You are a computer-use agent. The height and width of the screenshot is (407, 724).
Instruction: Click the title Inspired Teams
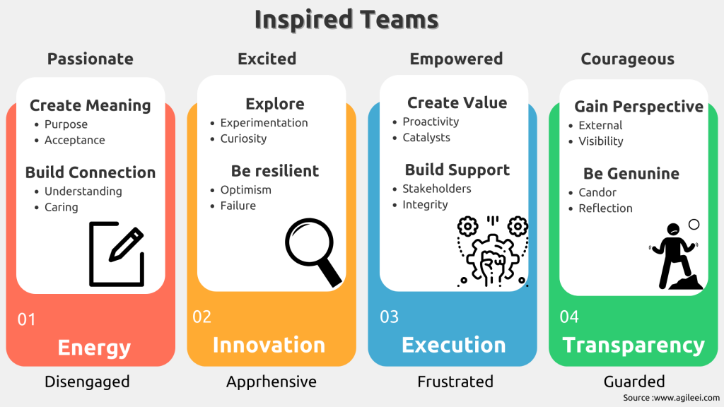[x=346, y=20]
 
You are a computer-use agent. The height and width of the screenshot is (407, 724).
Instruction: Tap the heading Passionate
[x=90, y=59]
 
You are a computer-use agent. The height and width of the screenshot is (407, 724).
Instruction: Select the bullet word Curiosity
[x=243, y=138]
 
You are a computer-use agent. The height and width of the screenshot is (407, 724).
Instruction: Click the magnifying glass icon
[x=313, y=252]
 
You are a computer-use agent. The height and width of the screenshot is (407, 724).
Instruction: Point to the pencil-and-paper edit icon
[x=117, y=254]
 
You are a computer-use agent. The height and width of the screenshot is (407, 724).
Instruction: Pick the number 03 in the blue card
[x=390, y=317]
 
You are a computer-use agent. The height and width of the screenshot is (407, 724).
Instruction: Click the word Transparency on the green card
[x=633, y=346]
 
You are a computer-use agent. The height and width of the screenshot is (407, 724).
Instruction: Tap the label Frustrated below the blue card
[x=455, y=382]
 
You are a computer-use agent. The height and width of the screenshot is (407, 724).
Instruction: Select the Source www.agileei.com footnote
[x=671, y=398]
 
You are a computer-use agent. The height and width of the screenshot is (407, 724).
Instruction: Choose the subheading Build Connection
[x=90, y=172]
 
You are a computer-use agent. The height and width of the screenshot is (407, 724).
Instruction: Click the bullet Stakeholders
[x=437, y=189]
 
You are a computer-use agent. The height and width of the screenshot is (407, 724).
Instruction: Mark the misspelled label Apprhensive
[x=271, y=382]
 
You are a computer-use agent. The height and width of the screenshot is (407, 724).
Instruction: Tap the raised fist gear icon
[x=492, y=252]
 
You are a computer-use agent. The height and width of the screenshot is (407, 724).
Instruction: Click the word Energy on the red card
[x=94, y=348]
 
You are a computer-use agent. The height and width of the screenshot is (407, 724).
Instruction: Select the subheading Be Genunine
[x=631, y=174]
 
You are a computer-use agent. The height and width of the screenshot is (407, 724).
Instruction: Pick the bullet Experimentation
[x=264, y=123]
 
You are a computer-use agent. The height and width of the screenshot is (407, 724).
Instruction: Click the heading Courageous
[x=628, y=59]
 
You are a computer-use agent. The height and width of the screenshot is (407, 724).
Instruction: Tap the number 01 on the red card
[x=26, y=319]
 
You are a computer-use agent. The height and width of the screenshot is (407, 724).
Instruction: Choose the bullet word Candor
[x=597, y=192]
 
